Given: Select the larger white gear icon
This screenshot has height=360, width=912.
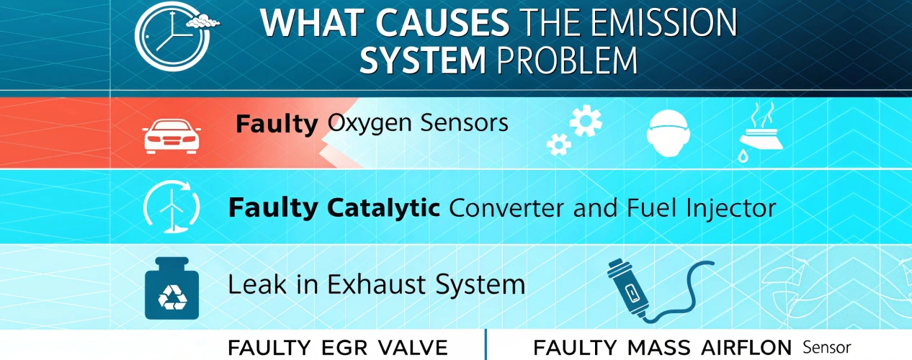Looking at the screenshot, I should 585,121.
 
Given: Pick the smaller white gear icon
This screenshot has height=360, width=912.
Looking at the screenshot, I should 558,145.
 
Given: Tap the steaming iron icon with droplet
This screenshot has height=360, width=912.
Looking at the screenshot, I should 760,133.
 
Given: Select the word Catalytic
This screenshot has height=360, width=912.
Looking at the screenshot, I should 382,209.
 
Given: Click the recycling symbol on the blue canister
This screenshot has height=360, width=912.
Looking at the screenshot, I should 171,295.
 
